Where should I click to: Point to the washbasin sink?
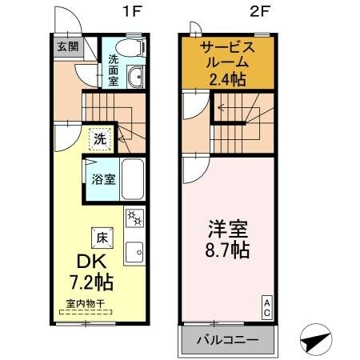136,77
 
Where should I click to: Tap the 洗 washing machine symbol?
98,138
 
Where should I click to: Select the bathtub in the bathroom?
132,179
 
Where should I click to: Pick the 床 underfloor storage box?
102,237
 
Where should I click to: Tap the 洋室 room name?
226,227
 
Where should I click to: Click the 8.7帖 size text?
226,250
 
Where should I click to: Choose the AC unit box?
266,307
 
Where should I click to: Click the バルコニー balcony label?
228,339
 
